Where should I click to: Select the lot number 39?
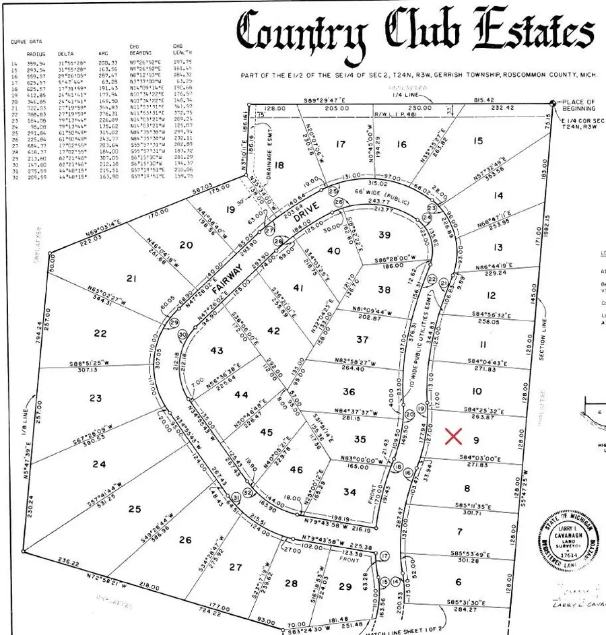[384, 234]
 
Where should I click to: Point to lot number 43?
[216, 350]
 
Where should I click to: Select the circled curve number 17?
[384, 556]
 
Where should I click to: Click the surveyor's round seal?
[568, 543]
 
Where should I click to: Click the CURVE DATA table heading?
[26, 41]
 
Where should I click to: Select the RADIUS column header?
[36, 53]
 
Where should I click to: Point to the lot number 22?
[100, 333]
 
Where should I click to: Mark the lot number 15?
[478, 141]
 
